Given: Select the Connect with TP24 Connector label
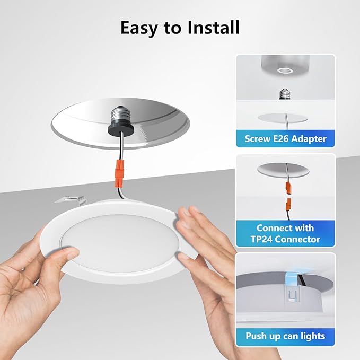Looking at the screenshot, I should click(285, 234).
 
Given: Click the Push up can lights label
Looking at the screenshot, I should click(285, 336).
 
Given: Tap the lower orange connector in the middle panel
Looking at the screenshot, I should click(289, 204).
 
